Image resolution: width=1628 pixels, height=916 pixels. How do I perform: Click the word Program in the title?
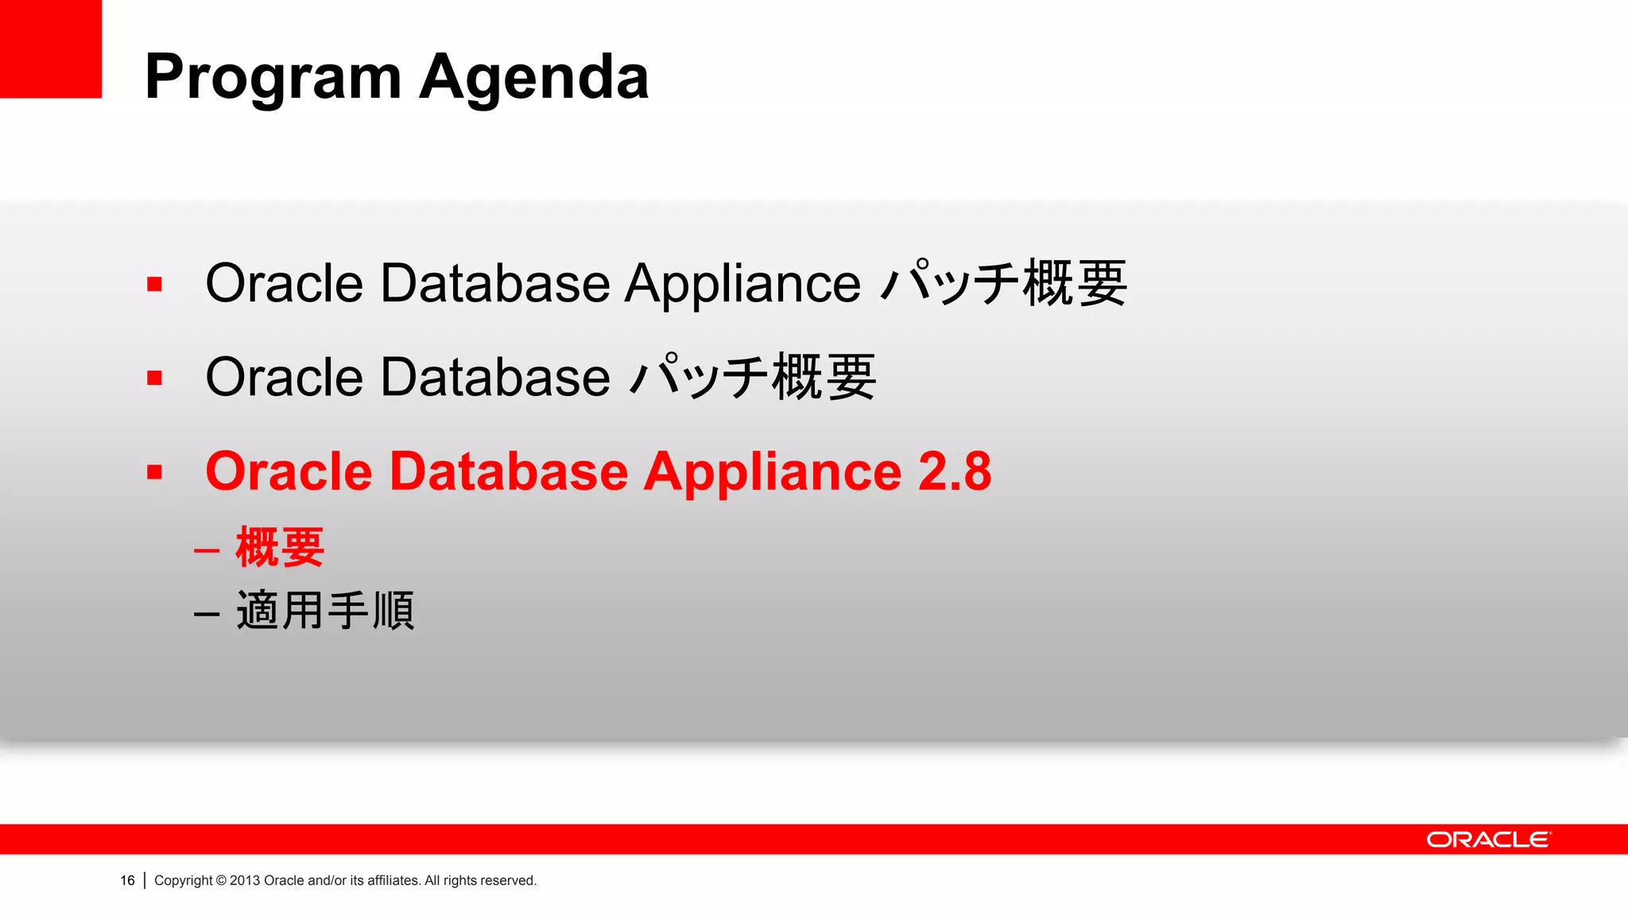[273, 78]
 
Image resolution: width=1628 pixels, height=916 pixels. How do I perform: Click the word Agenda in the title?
[533, 78]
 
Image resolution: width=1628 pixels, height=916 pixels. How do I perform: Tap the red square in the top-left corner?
[50, 49]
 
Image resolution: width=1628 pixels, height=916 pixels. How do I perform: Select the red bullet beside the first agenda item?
[154, 284]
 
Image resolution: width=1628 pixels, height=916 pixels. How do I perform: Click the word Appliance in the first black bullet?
[742, 284]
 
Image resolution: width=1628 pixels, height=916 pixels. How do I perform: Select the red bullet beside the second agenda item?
[154, 378]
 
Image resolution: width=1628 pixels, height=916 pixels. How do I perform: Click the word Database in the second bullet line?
[494, 377]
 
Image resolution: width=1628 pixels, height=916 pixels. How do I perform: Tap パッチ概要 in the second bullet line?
[753, 377]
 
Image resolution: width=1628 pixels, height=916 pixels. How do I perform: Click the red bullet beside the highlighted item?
[154, 472]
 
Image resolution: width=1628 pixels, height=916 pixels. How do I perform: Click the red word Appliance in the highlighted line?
[772, 472]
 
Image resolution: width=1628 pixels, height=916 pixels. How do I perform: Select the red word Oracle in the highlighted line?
[289, 472]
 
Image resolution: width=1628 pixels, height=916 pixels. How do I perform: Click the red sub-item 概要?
[280, 548]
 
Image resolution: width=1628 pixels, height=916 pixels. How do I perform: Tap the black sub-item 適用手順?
[325, 611]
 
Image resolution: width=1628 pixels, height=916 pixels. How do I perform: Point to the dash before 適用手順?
[207, 614]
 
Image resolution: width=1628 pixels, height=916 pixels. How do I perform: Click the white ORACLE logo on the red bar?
[1487, 840]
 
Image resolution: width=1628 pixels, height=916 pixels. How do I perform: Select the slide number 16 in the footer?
[127, 880]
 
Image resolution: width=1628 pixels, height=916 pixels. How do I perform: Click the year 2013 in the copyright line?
[245, 880]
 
